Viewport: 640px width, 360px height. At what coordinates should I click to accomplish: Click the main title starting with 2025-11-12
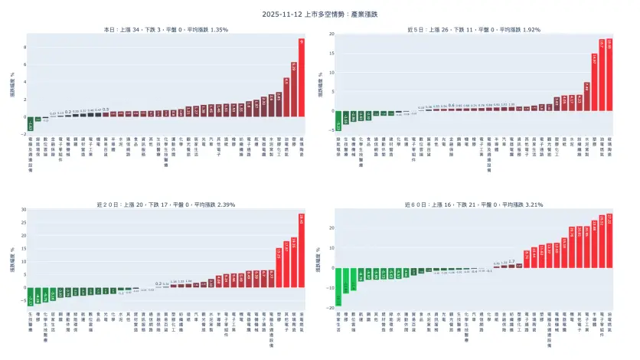(x=319, y=14)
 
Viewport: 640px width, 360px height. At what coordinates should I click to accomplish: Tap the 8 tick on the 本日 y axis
(x=24, y=47)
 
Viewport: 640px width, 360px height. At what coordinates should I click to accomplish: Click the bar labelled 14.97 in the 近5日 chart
(x=594, y=81)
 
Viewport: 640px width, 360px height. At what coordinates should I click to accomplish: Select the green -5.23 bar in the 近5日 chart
(x=338, y=120)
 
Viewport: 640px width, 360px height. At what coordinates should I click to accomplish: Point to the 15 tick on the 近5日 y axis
(x=331, y=53)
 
